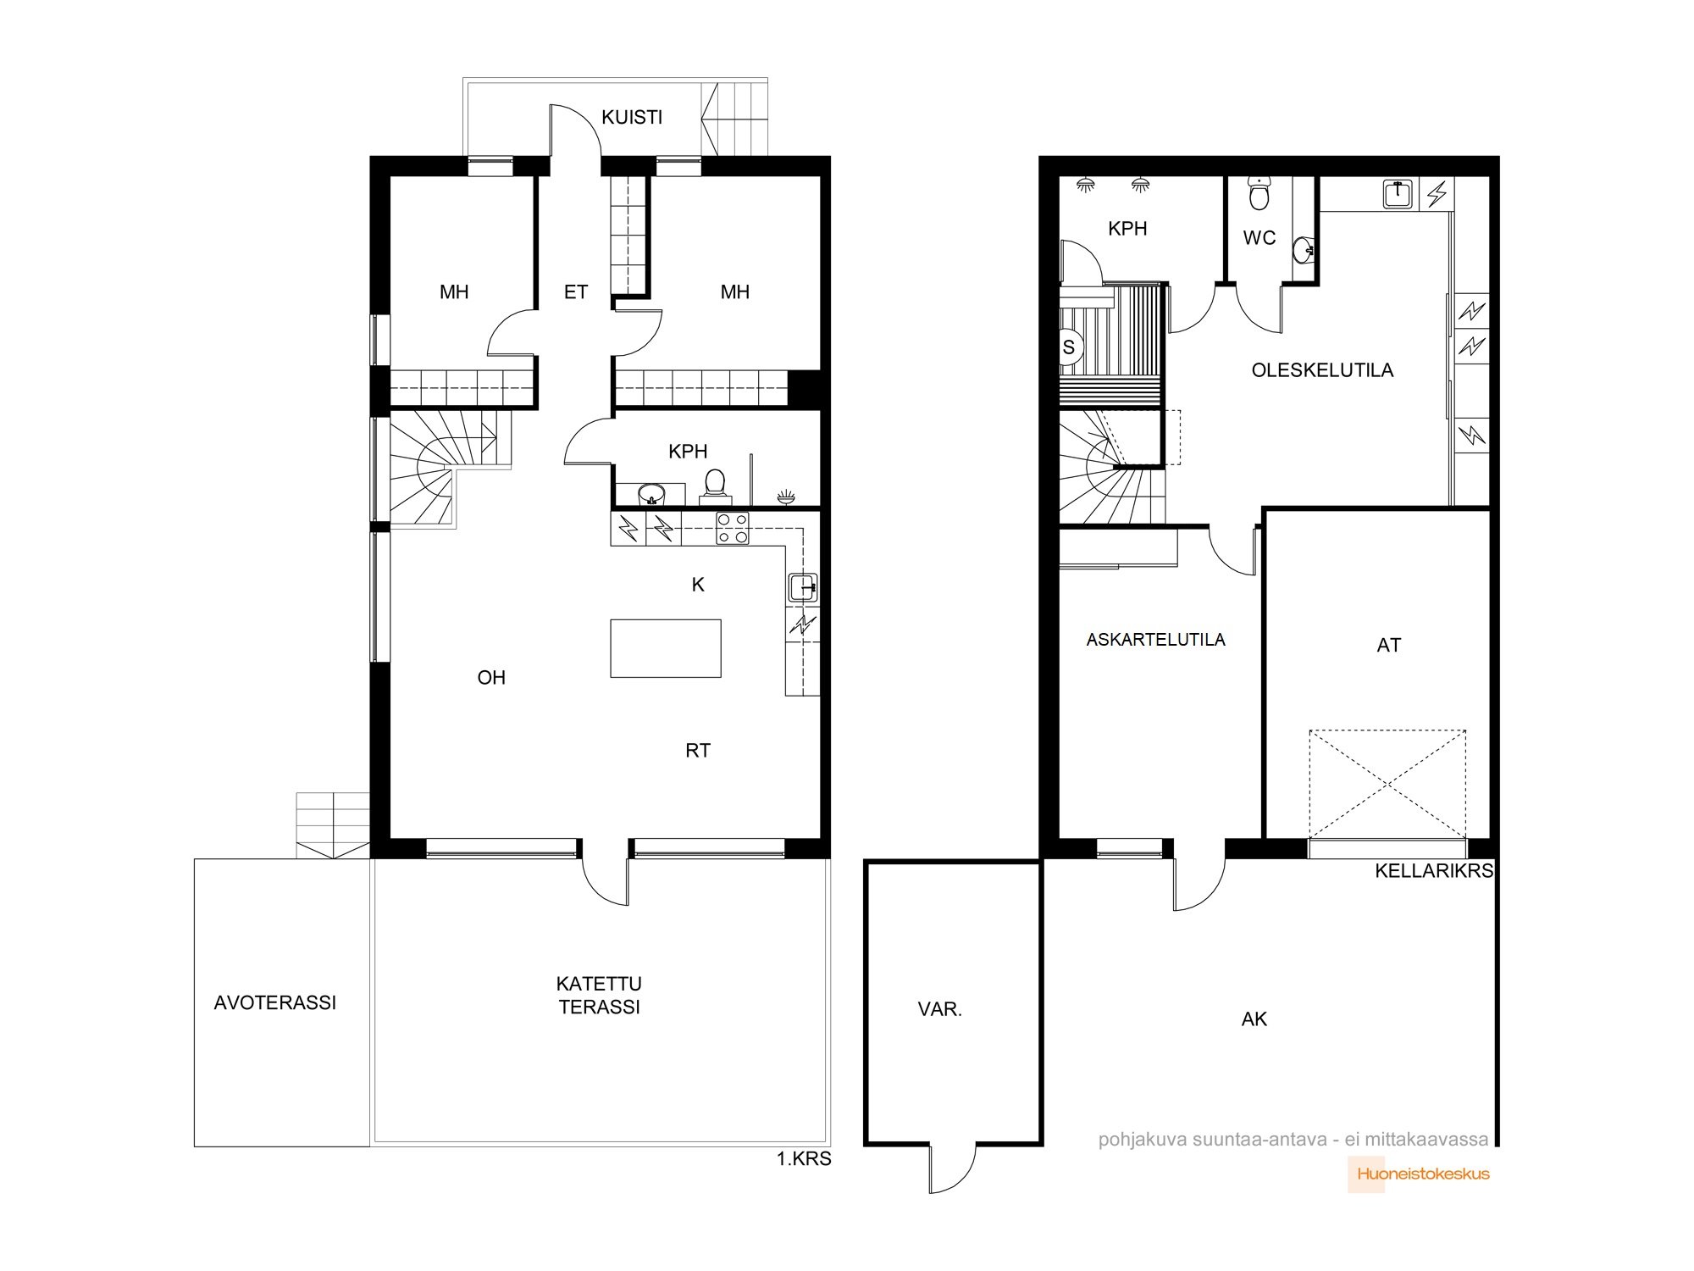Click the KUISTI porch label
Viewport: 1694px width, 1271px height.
click(x=632, y=117)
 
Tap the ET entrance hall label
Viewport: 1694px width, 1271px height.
click(x=576, y=292)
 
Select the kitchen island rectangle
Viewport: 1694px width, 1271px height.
click(x=666, y=648)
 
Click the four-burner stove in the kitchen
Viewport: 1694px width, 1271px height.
click(x=733, y=528)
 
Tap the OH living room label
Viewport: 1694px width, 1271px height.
click(x=491, y=678)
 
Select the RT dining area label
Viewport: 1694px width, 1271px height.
click(x=698, y=750)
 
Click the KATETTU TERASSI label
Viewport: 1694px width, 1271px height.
click(x=600, y=995)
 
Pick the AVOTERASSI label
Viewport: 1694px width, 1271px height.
click(x=275, y=1003)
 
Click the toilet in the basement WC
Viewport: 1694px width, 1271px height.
click(x=1259, y=194)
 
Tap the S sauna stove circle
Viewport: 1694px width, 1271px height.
click(x=1070, y=347)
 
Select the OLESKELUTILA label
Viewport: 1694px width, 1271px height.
click(x=1322, y=370)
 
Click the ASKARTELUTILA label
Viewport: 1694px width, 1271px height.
click(x=1156, y=640)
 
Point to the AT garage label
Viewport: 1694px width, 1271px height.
click(x=1389, y=646)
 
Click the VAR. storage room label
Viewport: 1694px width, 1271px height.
click(x=940, y=1009)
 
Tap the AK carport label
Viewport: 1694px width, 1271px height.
click(x=1254, y=1019)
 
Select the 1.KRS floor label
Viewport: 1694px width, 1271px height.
click(x=804, y=1158)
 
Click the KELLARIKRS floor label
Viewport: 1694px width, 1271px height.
click(x=1434, y=871)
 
